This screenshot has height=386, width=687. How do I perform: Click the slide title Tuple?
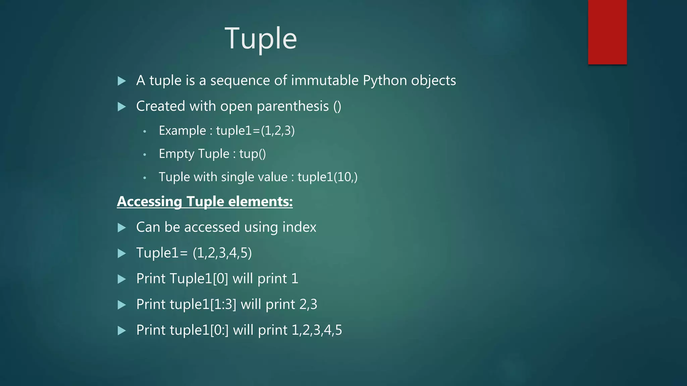tap(261, 39)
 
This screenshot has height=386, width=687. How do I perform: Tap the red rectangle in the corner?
tap(607, 32)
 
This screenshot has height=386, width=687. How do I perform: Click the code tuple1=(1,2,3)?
tap(255, 130)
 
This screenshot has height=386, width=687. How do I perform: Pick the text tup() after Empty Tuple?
tap(252, 154)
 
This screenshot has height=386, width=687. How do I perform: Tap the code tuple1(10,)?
tap(327, 177)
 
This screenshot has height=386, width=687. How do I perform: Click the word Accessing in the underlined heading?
tap(149, 201)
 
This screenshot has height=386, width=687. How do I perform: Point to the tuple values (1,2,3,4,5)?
tap(222, 253)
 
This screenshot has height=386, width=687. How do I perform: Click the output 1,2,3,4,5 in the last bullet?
tap(317, 330)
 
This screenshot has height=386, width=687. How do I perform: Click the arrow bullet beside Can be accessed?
tap(122, 228)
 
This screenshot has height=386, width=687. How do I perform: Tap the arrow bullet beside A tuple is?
tap(122, 81)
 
